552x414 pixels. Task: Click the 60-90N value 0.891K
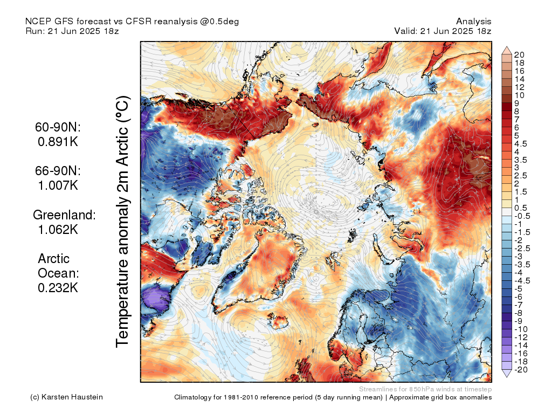click(x=58, y=142)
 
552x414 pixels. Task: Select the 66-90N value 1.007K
click(x=58, y=185)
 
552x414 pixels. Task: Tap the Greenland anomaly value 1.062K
click(x=58, y=230)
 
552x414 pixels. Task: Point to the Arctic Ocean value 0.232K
click(x=58, y=288)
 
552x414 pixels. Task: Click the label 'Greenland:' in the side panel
click(x=65, y=215)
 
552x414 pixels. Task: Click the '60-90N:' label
click(x=58, y=127)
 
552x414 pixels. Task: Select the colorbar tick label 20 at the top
click(x=519, y=55)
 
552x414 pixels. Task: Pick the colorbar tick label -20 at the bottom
click(x=521, y=370)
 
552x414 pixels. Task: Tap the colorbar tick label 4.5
click(x=521, y=144)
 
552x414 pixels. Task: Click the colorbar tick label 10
click(x=519, y=95)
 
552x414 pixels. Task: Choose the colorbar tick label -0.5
click(x=522, y=216)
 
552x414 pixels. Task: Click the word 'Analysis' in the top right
click(x=473, y=22)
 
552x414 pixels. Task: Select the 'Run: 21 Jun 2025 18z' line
click(x=72, y=31)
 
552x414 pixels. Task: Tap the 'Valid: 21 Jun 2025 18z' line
click(x=443, y=31)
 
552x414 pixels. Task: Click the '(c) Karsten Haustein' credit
click(x=66, y=397)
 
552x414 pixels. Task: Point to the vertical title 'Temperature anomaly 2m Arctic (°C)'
click(x=122, y=222)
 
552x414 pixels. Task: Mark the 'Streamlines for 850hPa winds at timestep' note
click(x=425, y=389)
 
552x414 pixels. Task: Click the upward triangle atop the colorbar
click(x=507, y=50)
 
